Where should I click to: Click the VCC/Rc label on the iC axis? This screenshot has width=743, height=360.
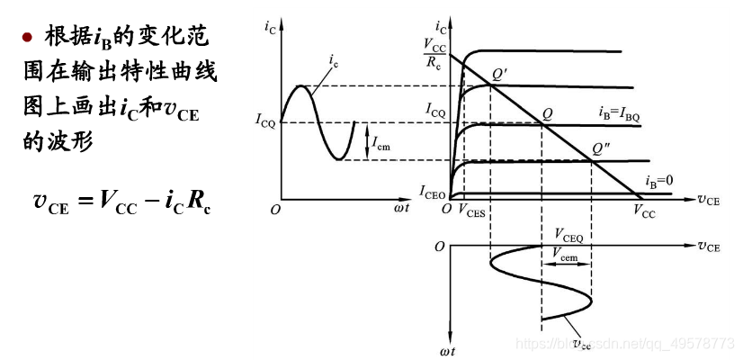coord(434,53)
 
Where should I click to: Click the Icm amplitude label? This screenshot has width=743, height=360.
coord(381,141)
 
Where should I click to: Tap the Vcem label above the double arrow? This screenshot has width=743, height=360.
coord(567,256)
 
